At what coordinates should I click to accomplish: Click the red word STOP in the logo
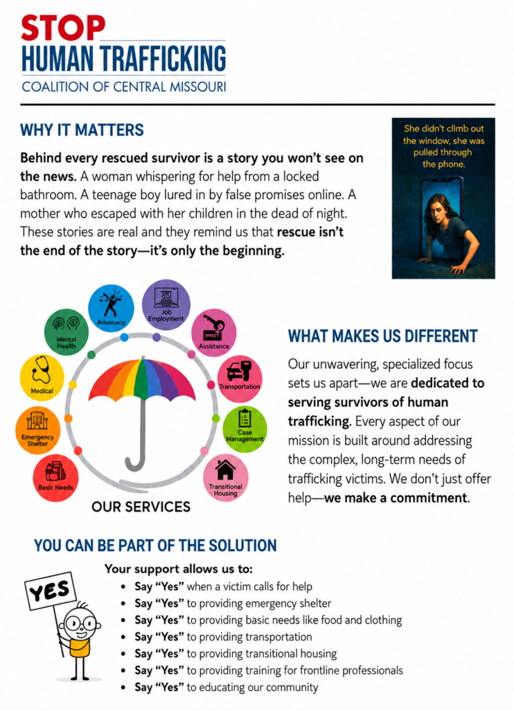[63, 28]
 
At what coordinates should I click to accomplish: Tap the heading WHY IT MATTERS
[82, 130]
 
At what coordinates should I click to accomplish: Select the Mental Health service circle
[66, 332]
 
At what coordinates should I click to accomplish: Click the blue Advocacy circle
[111, 307]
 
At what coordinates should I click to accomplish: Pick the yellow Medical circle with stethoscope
[42, 378]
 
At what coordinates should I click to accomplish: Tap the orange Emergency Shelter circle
[37, 430]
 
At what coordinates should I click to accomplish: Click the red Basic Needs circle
[55, 478]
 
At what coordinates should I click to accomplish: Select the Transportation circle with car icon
[240, 379]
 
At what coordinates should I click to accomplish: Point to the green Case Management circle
[245, 429]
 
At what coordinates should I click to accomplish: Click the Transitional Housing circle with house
[225, 478]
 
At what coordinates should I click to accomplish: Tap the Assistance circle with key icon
[214, 333]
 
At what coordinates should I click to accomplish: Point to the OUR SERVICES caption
[141, 507]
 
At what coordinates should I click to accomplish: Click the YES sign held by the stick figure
[50, 591]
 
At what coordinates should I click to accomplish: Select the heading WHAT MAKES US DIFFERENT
[383, 336]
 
